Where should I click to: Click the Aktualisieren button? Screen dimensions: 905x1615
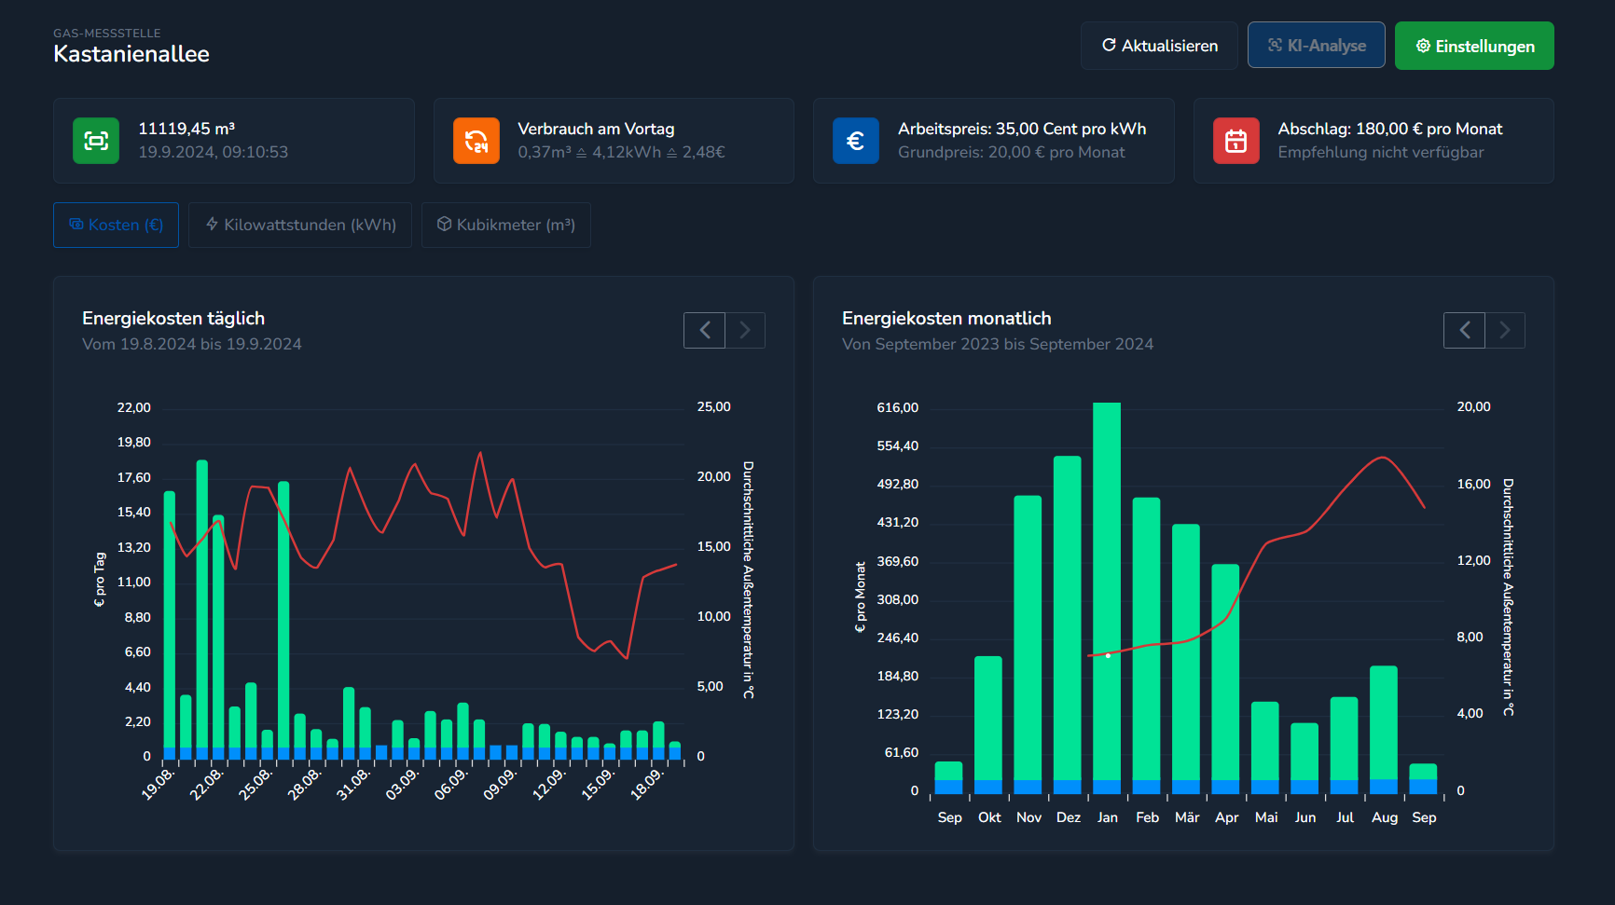(1159, 46)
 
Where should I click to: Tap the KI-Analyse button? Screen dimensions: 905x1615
(1316, 46)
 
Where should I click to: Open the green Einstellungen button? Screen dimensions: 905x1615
(1474, 46)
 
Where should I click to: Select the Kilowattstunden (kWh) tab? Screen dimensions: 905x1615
(300, 225)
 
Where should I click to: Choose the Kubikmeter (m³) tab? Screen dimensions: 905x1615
(505, 225)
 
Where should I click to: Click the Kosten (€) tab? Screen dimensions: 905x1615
(116, 225)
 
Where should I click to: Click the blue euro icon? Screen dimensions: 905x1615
(855, 141)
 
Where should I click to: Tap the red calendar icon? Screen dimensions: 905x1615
(1235, 141)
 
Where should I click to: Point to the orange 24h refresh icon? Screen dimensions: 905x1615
(476, 141)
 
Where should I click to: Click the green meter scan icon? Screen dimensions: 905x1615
(96, 141)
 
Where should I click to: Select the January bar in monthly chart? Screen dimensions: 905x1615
(1107, 596)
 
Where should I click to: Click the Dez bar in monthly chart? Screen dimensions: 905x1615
(1068, 624)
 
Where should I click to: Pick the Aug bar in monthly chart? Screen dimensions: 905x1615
(1384, 727)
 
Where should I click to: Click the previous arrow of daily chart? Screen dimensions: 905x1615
(704, 330)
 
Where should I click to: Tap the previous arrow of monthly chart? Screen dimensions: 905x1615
(1464, 330)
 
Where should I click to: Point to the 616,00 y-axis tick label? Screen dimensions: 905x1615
(897, 407)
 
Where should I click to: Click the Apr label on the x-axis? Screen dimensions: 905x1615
(1226, 817)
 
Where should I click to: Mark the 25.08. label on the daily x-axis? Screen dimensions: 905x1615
(255, 784)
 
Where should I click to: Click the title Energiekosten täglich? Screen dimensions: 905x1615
(173, 319)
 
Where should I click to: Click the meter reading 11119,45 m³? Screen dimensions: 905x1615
(186, 129)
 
